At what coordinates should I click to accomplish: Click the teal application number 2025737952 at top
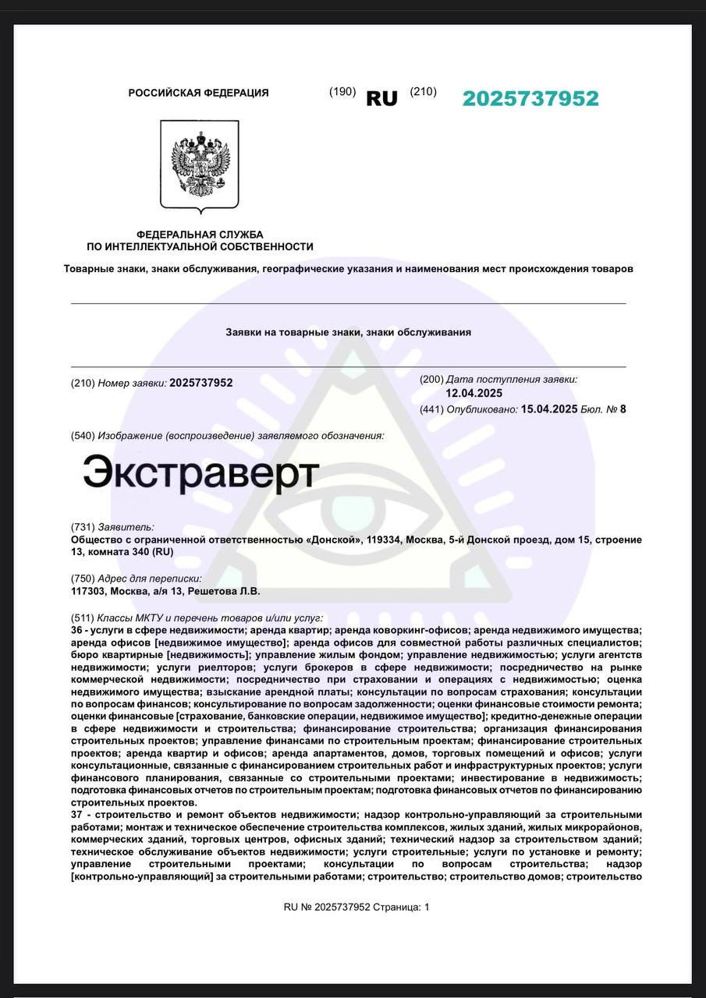coord(530,99)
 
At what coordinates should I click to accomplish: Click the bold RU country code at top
coord(381,99)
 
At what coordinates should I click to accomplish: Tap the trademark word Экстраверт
coord(201,472)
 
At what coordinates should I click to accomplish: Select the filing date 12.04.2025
coord(474,393)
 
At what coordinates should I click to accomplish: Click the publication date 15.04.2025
coord(549,409)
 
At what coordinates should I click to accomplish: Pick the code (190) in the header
coord(342,92)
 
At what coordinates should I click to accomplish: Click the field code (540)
coord(82,435)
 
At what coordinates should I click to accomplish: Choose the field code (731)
coord(82,527)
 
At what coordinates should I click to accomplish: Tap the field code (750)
coord(82,579)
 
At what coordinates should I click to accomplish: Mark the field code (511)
coord(82,618)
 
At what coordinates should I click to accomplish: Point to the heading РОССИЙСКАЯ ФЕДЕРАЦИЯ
coord(198,93)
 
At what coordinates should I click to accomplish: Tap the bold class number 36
coord(76,630)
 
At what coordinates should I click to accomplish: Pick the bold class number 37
coord(76,814)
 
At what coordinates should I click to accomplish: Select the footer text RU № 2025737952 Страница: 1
coord(357,907)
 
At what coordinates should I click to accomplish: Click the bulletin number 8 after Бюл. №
coord(623,409)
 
